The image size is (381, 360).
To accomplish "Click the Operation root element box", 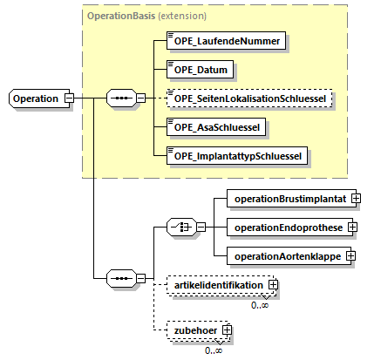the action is [x=39, y=98].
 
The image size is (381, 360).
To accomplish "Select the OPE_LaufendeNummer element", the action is [x=226, y=41].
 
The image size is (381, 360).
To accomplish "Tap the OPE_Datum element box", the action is [x=200, y=70].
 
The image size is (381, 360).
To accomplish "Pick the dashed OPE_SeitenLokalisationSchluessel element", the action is [x=249, y=98].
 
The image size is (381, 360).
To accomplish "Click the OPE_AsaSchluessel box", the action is [x=216, y=127].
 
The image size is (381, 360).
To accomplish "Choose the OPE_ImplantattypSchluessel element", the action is [x=237, y=156].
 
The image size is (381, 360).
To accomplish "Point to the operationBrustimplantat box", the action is [x=291, y=199].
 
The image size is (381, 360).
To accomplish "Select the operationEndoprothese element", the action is [x=289, y=228].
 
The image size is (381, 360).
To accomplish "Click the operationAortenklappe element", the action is [x=289, y=256].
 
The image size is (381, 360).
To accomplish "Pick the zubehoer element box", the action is [x=197, y=330].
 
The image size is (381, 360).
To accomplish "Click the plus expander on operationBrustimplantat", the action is [x=356, y=199].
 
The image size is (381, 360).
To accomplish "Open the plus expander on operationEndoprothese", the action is [x=352, y=228].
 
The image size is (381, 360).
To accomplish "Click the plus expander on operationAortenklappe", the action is [x=350, y=256].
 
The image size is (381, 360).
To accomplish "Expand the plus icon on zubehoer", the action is [x=227, y=330].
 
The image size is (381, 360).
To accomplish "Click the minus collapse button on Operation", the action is [x=70, y=98].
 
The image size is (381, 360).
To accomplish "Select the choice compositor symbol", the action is [x=181, y=227].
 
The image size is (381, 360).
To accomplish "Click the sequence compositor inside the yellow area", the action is [x=121, y=98].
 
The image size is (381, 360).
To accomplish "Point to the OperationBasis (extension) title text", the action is [x=146, y=16].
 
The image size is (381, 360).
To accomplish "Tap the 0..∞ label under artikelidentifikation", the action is [x=260, y=305].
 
